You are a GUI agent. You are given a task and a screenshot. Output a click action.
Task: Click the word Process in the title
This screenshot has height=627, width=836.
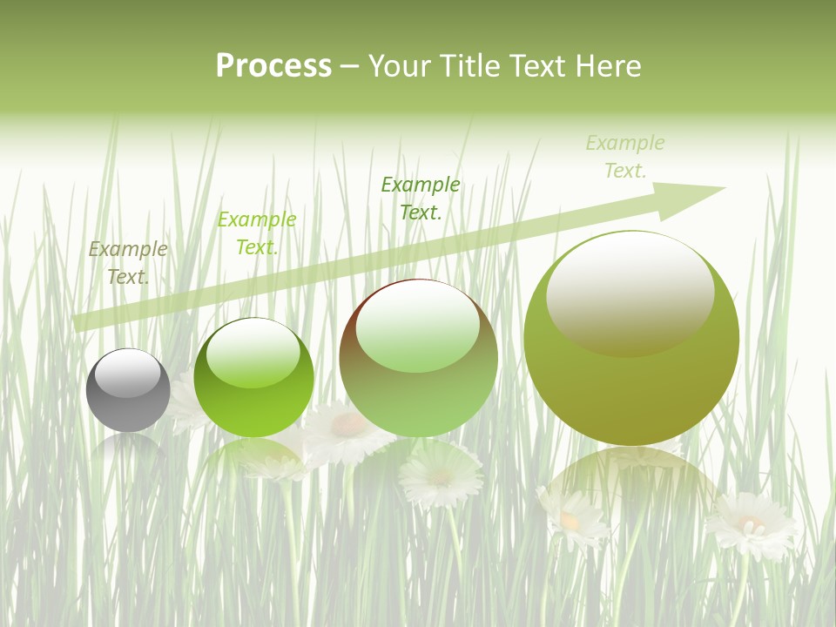click(273, 66)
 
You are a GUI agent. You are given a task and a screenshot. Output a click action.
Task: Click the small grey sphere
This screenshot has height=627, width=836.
click(128, 390)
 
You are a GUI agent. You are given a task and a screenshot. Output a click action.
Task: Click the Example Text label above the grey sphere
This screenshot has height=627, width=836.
click(128, 263)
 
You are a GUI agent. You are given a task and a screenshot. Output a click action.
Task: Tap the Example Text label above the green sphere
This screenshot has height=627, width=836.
click(257, 233)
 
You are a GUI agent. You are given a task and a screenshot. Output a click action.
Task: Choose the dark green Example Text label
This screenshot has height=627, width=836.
click(421, 198)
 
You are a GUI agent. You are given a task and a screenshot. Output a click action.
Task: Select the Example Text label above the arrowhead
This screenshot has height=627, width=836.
click(625, 157)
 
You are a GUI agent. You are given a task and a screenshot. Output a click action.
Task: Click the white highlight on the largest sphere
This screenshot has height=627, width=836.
click(630, 292)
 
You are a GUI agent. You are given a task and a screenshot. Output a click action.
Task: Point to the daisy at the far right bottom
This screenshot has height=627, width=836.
click(751, 525)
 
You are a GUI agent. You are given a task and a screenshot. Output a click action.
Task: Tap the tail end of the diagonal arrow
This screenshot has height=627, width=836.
click(83, 322)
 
